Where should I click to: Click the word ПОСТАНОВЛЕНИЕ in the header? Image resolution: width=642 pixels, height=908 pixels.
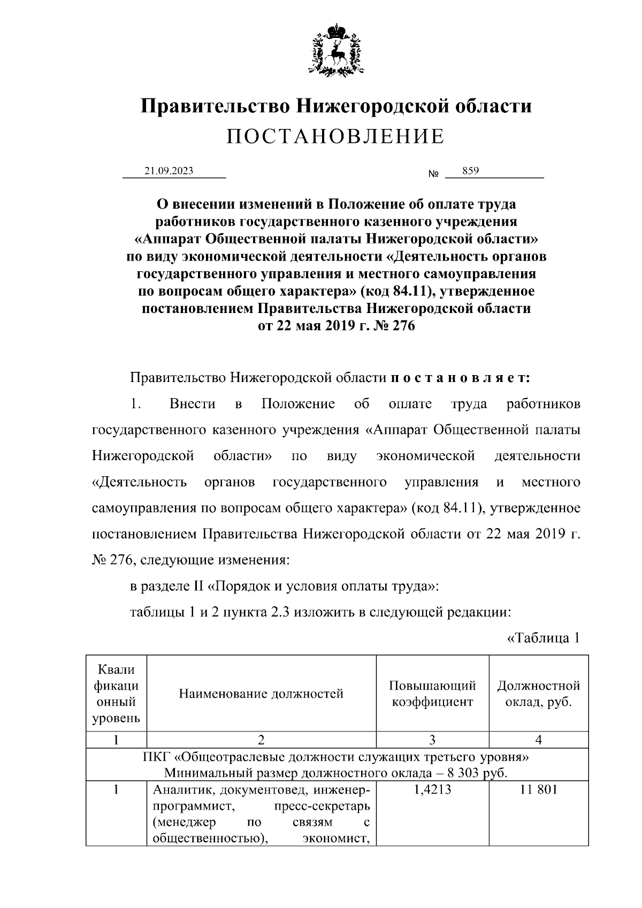335,137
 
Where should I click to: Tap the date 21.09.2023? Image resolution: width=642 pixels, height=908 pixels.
169,171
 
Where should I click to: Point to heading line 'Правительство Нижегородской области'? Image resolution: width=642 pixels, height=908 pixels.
335,106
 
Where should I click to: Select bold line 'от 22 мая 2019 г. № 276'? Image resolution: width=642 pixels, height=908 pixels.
336,326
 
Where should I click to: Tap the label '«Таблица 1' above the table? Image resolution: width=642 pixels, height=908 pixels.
542,638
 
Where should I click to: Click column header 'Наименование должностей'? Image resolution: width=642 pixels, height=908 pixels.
261,695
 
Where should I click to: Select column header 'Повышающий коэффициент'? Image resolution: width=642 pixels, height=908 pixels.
432,694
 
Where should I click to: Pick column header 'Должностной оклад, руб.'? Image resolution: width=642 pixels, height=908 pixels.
538,694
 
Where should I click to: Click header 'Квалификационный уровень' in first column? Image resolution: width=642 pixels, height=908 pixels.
116,694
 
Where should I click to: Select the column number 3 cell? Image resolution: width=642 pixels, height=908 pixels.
432,740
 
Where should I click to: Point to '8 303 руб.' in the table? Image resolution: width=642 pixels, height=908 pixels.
479,773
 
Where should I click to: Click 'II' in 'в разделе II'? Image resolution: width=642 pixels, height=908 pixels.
198,586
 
